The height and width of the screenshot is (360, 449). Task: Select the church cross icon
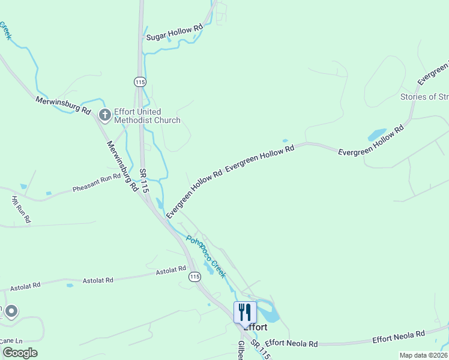tap(104, 115)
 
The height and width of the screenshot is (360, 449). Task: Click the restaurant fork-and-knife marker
tap(245, 312)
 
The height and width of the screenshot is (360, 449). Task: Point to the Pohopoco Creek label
tap(205, 256)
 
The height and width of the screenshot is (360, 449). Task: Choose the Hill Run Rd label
tap(21, 209)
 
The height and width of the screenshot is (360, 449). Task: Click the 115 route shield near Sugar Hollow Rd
tap(140, 81)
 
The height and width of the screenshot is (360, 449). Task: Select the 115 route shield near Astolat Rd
tap(194, 277)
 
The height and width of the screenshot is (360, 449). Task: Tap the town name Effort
tap(255, 328)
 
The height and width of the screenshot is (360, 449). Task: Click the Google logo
tap(19, 352)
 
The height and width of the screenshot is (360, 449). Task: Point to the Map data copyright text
tap(423, 355)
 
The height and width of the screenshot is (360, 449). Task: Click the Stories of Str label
tap(424, 97)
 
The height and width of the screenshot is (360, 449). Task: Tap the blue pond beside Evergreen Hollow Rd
tap(377, 134)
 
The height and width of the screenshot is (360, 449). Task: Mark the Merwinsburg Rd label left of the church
tap(62, 106)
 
